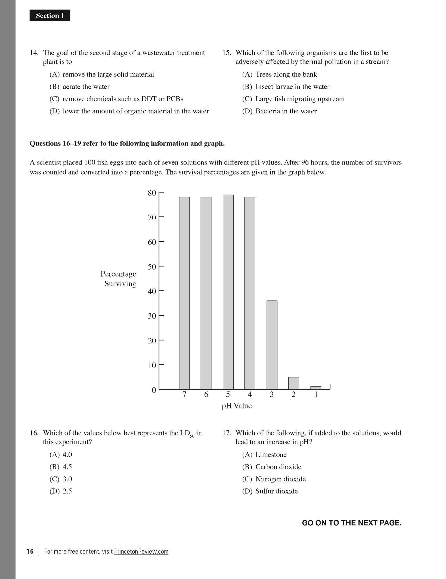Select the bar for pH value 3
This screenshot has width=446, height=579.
[272, 345]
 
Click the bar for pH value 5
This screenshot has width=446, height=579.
[228, 292]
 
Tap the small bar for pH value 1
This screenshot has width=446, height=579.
[316, 388]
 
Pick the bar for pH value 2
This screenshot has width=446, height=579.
[294, 383]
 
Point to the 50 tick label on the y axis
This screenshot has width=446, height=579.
[152, 267]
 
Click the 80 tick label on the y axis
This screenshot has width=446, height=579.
[152, 193]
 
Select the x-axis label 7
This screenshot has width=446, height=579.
[184, 395]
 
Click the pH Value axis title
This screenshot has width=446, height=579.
[237, 406]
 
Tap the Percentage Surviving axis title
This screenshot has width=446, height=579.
[119, 279]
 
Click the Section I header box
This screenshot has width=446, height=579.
[50, 16]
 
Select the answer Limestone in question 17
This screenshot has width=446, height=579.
[271, 454]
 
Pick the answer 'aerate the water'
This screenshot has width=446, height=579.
[86, 87]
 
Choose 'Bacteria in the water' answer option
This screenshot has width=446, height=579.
[286, 111]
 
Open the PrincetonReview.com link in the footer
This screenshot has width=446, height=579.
[141, 551]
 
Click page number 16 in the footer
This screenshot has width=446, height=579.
[30, 551]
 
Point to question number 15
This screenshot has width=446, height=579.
[227, 53]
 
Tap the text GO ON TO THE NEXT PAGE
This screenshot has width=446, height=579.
[351, 523]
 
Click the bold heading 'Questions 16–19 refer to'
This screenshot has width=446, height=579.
[127, 144]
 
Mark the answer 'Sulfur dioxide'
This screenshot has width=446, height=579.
[276, 491]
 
